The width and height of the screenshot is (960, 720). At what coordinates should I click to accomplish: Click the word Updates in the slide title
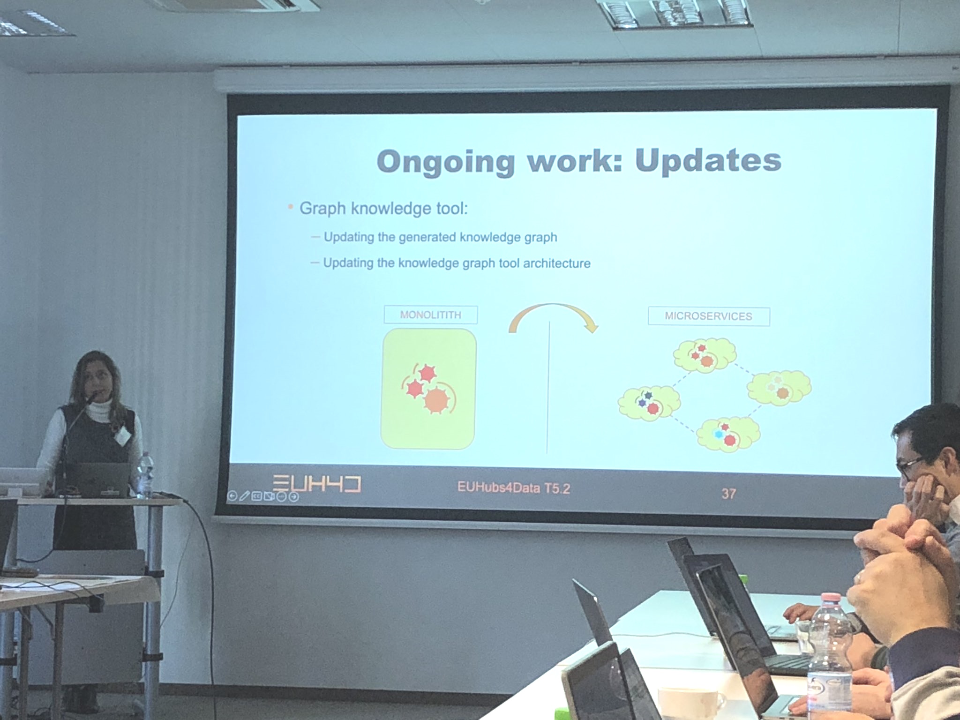[708, 161]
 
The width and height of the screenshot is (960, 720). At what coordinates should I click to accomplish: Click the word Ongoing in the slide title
[445, 162]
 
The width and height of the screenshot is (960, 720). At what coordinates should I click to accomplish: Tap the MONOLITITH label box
[431, 315]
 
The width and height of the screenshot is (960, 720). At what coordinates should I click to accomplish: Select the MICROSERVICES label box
[708, 316]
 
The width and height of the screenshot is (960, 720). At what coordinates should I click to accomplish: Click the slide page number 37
[728, 494]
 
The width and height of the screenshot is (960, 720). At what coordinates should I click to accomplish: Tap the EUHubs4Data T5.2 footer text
[514, 488]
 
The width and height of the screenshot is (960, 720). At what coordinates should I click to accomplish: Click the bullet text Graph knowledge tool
[383, 209]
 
